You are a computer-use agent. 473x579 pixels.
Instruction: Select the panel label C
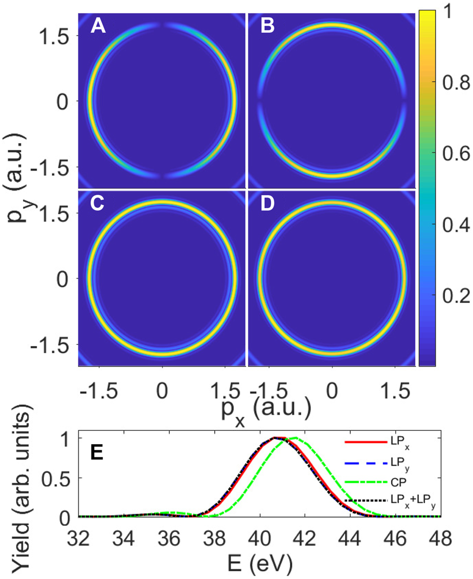98,203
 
